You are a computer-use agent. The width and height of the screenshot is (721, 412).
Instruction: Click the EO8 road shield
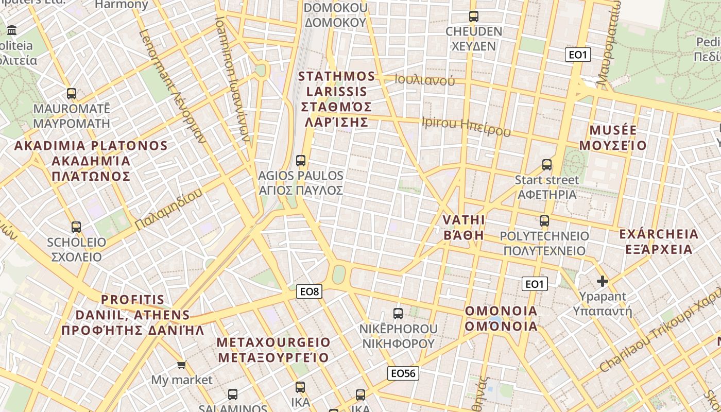[x=310, y=291]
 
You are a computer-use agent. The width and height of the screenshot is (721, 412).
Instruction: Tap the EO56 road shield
[x=403, y=373]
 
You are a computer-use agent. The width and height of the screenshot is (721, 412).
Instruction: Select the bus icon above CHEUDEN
[x=473, y=16]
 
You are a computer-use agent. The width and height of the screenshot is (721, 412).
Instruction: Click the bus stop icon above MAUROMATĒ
[x=72, y=94]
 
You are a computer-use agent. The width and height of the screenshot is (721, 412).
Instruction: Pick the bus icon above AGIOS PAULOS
[x=301, y=161]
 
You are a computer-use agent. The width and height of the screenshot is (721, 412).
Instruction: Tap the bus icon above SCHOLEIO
[x=76, y=227]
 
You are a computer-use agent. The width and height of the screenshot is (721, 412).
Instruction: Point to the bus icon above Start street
[x=547, y=165]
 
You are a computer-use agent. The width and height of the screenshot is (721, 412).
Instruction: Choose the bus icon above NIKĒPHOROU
[x=398, y=313]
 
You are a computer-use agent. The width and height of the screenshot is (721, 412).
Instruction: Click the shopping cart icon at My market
[x=181, y=365]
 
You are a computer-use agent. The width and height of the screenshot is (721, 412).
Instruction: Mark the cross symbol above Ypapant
[x=602, y=281]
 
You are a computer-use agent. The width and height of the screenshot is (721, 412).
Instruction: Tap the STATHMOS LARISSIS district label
[x=337, y=99]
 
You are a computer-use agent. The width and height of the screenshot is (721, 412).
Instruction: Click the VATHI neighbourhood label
[x=463, y=227]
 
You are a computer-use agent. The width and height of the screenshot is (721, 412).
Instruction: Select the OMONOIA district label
[x=501, y=318]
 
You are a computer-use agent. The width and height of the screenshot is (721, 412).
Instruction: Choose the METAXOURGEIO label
[x=273, y=350]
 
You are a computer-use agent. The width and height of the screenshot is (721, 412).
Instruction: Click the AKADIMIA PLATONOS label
[x=91, y=161]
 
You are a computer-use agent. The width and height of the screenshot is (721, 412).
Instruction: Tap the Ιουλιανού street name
[x=425, y=80]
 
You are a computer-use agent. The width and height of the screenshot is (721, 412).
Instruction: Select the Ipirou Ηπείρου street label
[x=466, y=126]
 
